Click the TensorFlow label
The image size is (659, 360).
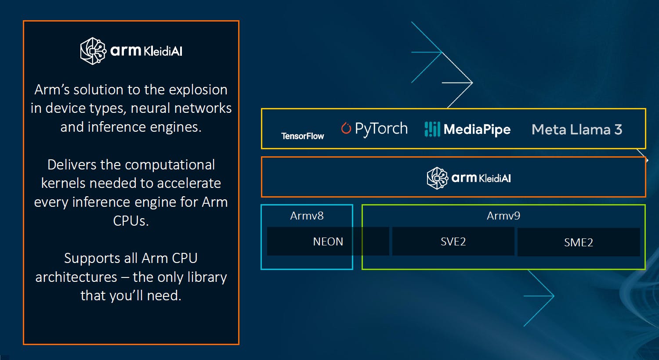[x=302, y=136]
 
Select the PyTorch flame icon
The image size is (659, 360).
[x=346, y=128]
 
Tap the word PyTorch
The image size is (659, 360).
[x=381, y=129]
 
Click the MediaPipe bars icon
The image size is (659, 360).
[x=432, y=129]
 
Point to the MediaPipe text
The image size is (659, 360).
[x=477, y=130]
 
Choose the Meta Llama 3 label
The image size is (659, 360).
[x=576, y=130]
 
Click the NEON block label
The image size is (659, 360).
[x=328, y=241]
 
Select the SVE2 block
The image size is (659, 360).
[x=453, y=241]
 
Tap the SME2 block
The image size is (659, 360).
[x=578, y=242]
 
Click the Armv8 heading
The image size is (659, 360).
[x=307, y=216]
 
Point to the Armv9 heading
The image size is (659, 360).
[x=503, y=216]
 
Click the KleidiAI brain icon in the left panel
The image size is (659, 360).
[x=93, y=51]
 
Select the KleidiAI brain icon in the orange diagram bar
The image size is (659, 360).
[x=438, y=178]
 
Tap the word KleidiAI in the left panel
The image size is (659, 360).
[x=163, y=51]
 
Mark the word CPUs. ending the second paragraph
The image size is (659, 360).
[x=131, y=220]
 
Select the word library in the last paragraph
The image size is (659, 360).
[x=206, y=277]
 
